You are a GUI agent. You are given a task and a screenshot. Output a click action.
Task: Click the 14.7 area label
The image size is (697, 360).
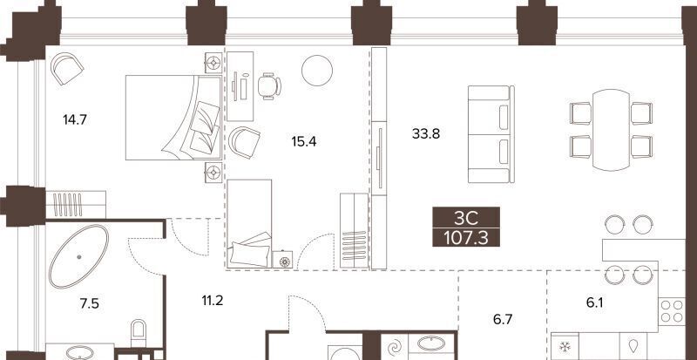click(x=75, y=119)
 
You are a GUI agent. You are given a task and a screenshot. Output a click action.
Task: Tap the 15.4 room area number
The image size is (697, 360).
click(x=303, y=142)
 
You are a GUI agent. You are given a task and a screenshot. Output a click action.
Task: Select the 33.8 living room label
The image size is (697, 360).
click(x=426, y=133)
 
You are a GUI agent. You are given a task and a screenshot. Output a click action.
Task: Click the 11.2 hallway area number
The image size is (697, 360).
click(x=212, y=302)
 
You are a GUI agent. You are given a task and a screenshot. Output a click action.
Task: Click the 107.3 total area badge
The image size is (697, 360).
click(x=466, y=239)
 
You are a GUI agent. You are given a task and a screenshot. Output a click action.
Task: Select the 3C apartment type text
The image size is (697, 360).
click(x=466, y=219)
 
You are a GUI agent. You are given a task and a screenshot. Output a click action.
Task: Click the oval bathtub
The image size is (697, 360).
click(x=78, y=257)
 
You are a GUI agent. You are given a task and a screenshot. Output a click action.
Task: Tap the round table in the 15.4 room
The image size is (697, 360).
click(x=317, y=71)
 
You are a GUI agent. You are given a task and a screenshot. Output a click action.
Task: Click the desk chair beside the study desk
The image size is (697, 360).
click(x=269, y=86)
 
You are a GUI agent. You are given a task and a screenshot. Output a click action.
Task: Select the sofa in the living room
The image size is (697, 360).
click(x=491, y=134)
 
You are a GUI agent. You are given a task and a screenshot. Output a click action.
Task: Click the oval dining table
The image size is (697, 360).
click(x=612, y=130)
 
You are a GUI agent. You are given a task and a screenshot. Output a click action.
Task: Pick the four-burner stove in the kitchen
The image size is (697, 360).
click(x=672, y=311)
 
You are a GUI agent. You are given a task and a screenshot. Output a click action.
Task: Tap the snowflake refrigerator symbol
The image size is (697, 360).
click(x=565, y=346)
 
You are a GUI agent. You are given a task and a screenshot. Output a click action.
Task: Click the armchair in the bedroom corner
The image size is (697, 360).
click(x=67, y=68)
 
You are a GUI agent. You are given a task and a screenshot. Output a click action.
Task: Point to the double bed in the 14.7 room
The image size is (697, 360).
click(x=173, y=118)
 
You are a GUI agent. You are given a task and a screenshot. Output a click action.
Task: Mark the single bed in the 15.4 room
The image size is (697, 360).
click(x=249, y=223)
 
